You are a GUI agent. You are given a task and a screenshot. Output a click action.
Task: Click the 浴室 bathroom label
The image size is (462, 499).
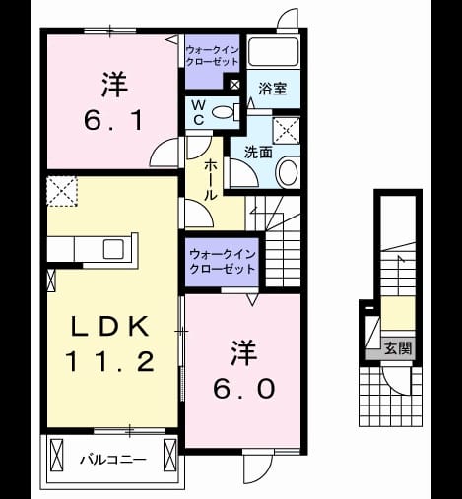273,89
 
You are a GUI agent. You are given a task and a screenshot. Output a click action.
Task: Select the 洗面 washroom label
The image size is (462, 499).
259,153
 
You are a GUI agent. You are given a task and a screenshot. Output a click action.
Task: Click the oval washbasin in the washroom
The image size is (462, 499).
289,172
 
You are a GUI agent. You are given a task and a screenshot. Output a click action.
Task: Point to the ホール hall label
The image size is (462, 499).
211,181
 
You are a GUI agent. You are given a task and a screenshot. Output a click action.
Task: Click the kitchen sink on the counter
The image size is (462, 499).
113,249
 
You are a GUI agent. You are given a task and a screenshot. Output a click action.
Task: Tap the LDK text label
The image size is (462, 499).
110,326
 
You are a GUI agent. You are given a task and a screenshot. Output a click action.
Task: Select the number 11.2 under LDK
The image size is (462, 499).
110,361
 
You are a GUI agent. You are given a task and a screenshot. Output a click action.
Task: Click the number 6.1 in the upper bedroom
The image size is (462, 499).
113,120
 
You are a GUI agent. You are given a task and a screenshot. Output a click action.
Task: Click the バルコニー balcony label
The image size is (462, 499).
113,460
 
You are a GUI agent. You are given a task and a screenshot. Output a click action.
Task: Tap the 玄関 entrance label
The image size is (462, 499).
398,348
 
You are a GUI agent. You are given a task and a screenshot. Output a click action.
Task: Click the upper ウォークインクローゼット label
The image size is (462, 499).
212,56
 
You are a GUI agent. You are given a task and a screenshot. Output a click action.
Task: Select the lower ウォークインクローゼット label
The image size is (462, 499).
223,262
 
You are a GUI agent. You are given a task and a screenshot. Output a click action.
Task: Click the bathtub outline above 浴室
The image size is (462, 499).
273,52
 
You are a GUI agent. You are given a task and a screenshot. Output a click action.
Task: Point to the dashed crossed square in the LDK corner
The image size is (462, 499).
62,191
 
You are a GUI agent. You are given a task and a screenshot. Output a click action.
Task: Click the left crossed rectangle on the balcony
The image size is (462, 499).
56,455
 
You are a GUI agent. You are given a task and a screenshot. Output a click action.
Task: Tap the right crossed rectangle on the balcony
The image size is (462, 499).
169,455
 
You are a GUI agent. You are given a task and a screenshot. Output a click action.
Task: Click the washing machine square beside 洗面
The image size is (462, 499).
287,130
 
